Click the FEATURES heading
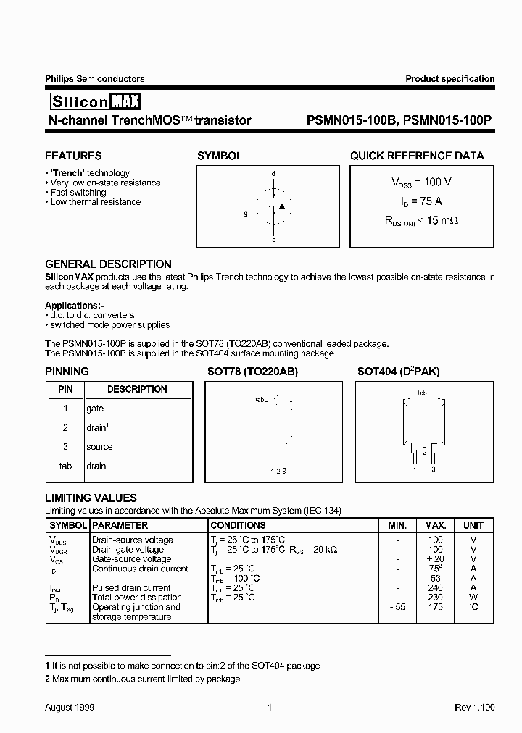tap(73, 156)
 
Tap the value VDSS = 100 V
tap(416, 183)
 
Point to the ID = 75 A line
tap(416, 201)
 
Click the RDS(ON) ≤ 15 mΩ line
tap(416, 220)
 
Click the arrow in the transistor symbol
tap(283, 207)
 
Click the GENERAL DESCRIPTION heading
tap(108, 264)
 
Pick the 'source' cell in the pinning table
tap(100, 447)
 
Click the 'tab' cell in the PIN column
tap(65, 466)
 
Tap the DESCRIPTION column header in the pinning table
tap(137, 390)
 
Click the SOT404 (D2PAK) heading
tap(398, 372)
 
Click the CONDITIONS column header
tap(238, 525)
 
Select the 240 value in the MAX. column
tap(435, 588)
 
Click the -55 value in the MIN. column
tap(397, 607)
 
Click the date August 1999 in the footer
tap(70, 707)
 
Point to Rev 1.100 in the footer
tap(474, 707)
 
